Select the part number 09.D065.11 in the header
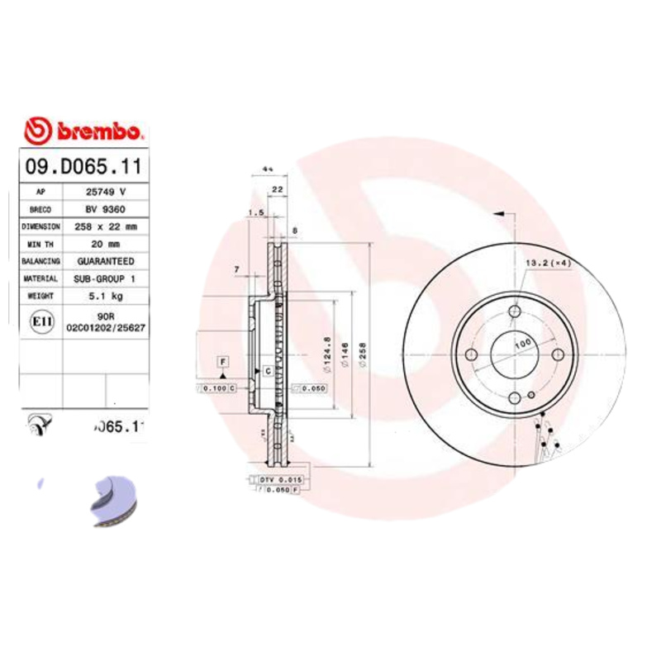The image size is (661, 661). click(83, 165)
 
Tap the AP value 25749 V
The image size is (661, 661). click(107, 191)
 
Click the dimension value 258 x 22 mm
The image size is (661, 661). click(106, 226)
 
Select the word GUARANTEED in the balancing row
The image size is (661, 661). click(106, 261)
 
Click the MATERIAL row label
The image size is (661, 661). click(40, 279)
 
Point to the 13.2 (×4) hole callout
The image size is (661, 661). click(549, 263)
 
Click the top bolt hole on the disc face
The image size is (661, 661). click(515, 311)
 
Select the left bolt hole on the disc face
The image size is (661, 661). click(472, 354)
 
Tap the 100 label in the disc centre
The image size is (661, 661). click(522, 343)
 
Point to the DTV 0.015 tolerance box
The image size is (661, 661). click(281, 480)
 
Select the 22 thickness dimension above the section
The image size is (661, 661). click(278, 190)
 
